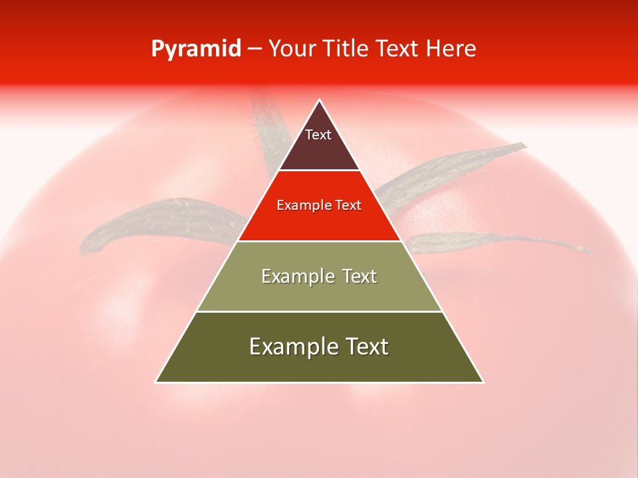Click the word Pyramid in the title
(x=195, y=49)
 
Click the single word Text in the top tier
(x=318, y=135)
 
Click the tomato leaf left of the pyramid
(x=153, y=222)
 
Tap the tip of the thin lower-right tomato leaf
(x=587, y=250)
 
